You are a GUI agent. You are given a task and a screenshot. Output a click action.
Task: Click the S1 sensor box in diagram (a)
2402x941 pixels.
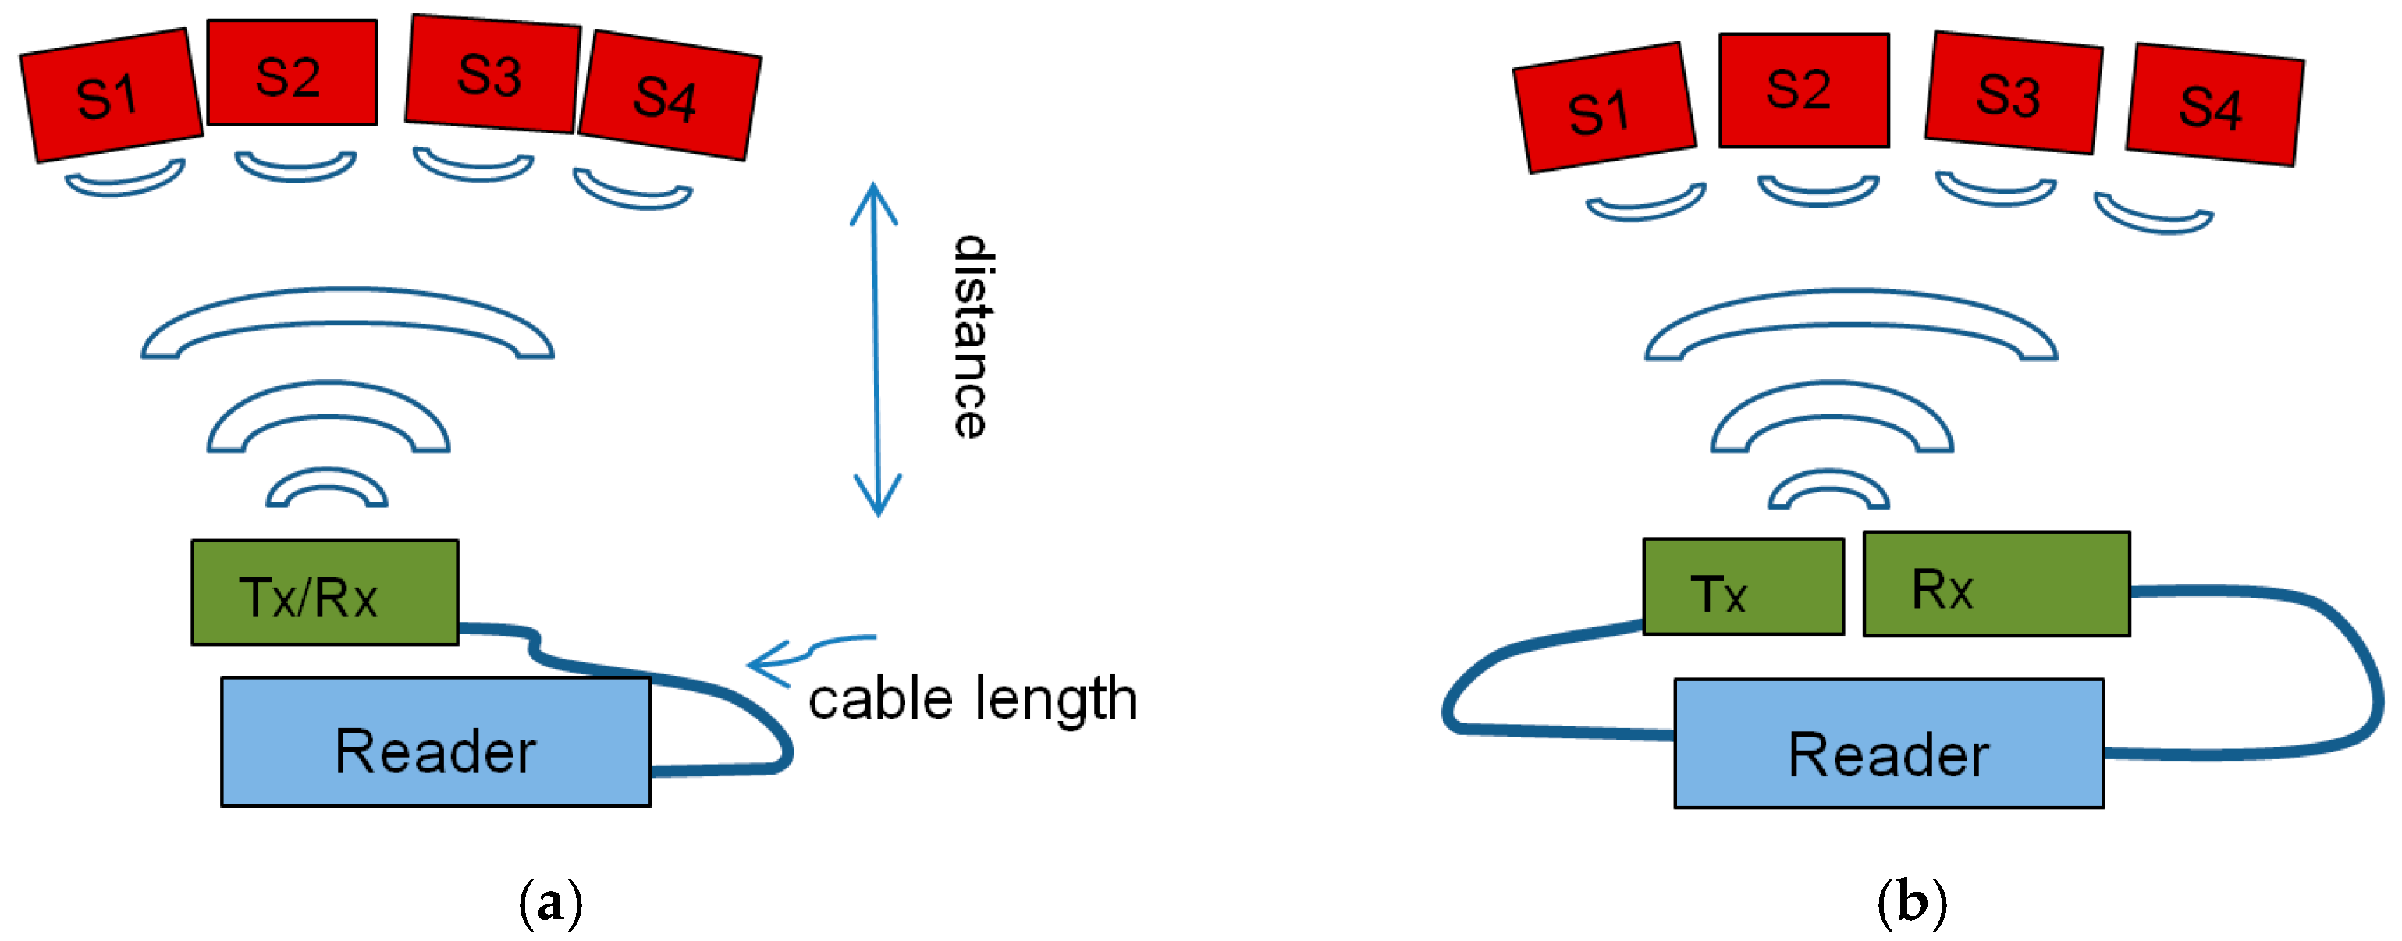(x=110, y=96)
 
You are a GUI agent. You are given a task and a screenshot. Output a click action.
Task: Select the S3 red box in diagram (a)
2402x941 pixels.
(x=492, y=75)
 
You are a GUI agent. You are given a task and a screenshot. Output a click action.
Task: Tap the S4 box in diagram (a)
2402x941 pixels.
(x=669, y=96)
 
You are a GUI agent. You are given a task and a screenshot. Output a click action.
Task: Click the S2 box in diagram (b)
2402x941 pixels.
(x=1803, y=91)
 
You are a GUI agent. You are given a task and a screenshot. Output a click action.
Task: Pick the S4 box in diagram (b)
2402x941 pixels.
(x=2214, y=105)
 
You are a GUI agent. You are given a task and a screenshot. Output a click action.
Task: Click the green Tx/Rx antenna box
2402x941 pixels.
(x=324, y=593)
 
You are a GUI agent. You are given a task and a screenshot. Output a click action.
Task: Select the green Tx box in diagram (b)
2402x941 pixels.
(x=1742, y=588)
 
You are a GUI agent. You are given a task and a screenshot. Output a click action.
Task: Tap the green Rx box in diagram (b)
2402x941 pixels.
(x=1995, y=584)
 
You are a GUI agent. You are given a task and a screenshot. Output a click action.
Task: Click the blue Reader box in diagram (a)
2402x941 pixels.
(x=435, y=742)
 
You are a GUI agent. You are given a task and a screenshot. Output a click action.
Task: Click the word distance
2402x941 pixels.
(x=971, y=336)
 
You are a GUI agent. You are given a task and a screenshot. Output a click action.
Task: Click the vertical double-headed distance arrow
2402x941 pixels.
(x=876, y=350)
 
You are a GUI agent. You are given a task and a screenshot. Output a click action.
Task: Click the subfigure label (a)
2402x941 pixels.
(x=550, y=903)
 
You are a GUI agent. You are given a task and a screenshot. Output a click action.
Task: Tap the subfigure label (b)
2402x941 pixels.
(x=1910, y=903)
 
